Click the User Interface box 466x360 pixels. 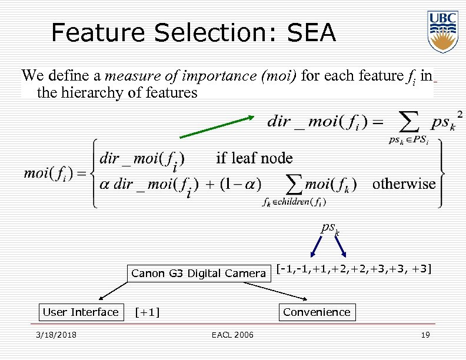pos(81,312)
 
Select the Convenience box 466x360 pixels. pos(317,312)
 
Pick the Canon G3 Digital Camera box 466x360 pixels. pos(198,273)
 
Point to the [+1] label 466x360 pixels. pos(148,312)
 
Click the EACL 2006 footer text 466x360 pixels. pos(233,335)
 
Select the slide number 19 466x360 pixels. pos(425,335)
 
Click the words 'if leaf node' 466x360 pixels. pos(254,158)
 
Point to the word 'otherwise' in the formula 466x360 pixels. pos(404,184)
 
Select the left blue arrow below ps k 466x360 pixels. pos(313,247)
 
